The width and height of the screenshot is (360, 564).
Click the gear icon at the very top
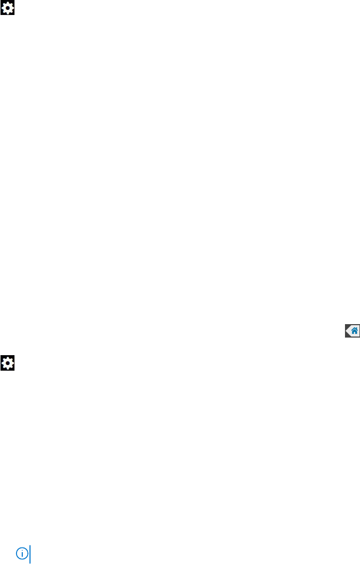8,8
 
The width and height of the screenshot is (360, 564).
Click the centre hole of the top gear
8,8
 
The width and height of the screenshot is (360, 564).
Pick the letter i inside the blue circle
22,554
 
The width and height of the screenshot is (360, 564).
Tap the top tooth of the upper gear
8,3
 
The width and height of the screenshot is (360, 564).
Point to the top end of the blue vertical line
30,545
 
